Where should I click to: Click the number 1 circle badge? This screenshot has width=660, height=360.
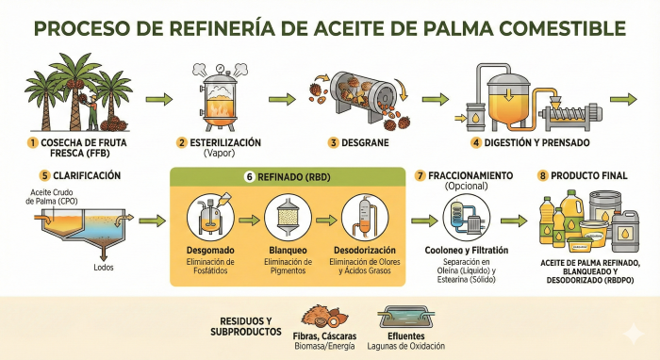point(32,143)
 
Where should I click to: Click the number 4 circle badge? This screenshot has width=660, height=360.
point(477,143)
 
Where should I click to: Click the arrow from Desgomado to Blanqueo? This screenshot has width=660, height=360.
point(249,220)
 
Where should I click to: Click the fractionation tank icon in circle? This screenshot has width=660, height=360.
point(469,219)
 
